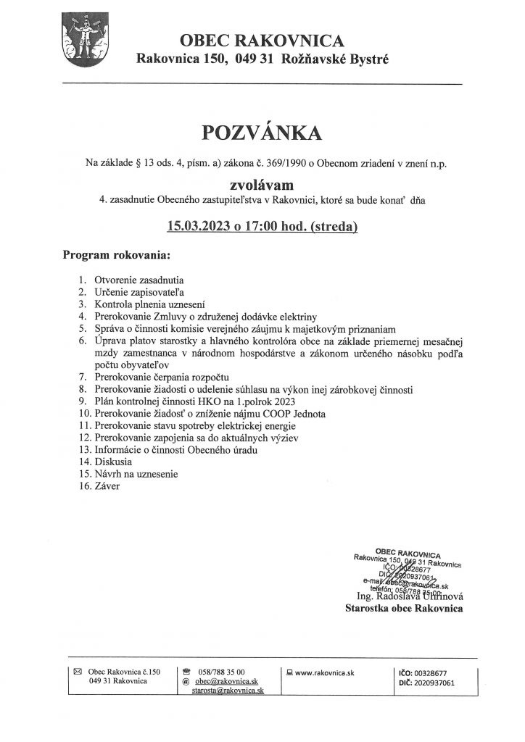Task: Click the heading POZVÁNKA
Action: pyautogui.click(x=262, y=133)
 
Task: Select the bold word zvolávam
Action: pyautogui.click(x=262, y=184)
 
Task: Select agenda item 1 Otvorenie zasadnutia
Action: pyautogui.click(x=139, y=279)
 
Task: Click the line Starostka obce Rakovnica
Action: pyautogui.click(x=405, y=609)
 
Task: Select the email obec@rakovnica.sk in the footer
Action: pyautogui.click(x=226, y=682)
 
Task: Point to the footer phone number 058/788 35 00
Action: pyautogui.click(x=222, y=672)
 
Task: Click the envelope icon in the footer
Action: pyautogui.click(x=78, y=672)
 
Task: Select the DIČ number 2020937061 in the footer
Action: pyautogui.click(x=431, y=682)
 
